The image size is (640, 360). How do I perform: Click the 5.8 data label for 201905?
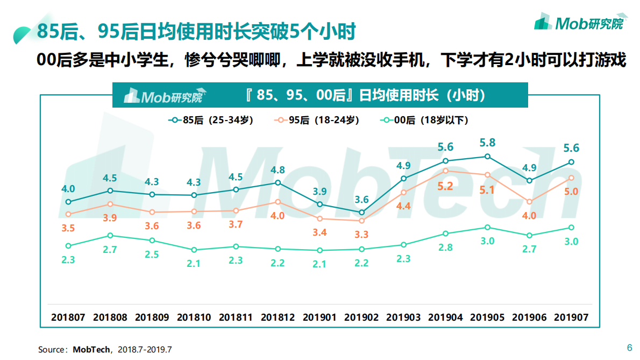487,143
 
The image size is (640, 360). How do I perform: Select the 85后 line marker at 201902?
361,213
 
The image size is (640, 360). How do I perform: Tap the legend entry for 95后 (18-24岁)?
317,121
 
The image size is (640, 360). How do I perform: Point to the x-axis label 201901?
319,317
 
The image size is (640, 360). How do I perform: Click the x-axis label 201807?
68,317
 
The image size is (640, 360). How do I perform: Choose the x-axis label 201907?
571,317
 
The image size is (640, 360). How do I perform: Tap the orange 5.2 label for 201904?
445,187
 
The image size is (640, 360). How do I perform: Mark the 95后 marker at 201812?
278,202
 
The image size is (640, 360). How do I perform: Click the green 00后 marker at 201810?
194,250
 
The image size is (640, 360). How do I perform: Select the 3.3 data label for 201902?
361,235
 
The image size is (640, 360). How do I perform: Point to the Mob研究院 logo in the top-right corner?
579,23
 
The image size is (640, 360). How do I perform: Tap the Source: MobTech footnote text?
104,350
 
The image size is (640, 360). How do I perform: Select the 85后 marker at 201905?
487,157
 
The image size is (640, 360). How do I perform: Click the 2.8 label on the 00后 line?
445,248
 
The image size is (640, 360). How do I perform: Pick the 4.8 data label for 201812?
278,170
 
